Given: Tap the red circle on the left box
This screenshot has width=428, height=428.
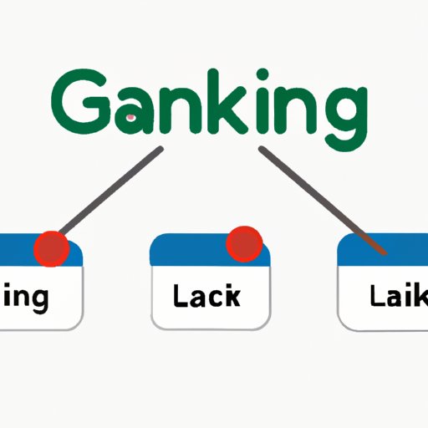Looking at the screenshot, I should point(51,248).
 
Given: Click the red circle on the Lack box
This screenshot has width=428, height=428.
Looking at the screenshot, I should point(244,242).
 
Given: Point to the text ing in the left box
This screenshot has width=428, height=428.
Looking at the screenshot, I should point(26,298).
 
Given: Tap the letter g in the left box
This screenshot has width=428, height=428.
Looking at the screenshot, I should point(38,300).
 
